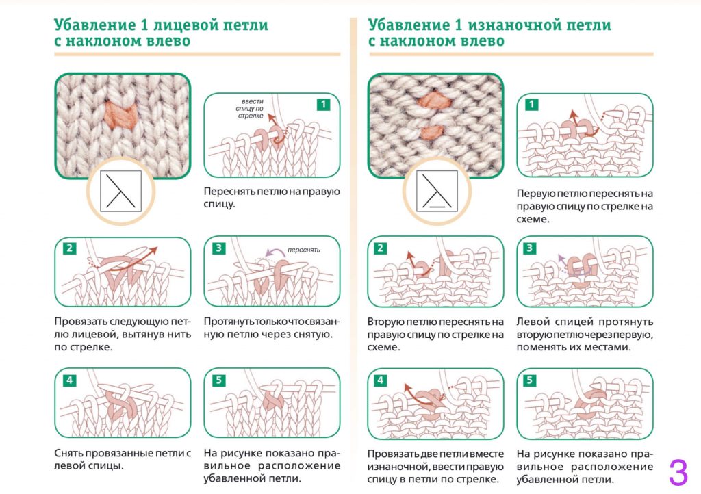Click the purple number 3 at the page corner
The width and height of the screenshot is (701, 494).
(x=678, y=472)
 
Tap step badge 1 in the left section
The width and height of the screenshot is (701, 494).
(x=324, y=105)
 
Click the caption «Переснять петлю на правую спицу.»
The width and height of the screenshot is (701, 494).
(x=272, y=198)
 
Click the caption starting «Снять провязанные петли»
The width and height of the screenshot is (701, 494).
(x=121, y=459)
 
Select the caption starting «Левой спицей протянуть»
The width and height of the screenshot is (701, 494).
(x=585, y=334)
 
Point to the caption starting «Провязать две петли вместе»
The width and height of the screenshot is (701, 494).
(x=435, y=466)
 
